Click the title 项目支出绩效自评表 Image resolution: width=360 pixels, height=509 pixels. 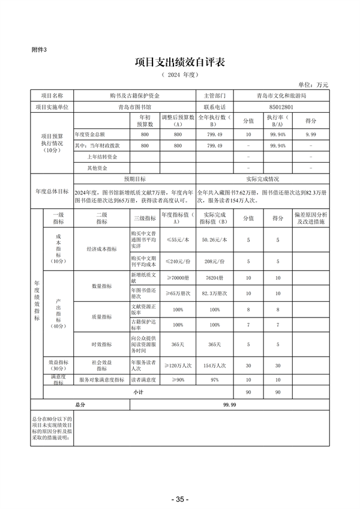point(180,63)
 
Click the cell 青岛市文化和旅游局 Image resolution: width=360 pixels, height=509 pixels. point(281,95)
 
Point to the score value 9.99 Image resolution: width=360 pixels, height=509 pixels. point(310,134)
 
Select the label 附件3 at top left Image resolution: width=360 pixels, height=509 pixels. point(38,50)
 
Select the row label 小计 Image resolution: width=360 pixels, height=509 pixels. point(139,391)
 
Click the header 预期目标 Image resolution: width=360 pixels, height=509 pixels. point(134,179)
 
